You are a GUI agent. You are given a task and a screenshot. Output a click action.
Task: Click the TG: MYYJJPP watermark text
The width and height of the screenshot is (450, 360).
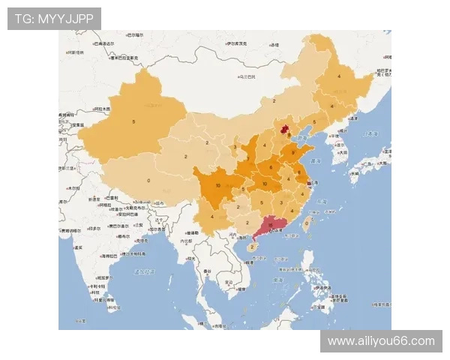point(54,18)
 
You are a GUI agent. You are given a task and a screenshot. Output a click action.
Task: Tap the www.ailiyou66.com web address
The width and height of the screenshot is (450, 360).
point(381,341)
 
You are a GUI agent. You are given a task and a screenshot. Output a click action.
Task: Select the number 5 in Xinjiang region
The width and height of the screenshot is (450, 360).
point(133,121)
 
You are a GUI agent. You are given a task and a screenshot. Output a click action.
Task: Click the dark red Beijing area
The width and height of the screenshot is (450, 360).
point(285,129)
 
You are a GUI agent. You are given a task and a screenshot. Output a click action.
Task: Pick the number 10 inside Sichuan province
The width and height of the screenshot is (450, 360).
point(217,184)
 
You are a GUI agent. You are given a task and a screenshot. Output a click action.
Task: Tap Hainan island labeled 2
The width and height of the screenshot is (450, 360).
point(253,246)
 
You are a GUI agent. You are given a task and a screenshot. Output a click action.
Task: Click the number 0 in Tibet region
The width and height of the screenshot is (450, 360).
point(148,181)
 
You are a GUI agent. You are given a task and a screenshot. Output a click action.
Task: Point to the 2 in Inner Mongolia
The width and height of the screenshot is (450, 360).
point(274,100)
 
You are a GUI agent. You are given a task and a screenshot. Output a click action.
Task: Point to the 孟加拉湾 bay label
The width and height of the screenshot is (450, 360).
point(143,271)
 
